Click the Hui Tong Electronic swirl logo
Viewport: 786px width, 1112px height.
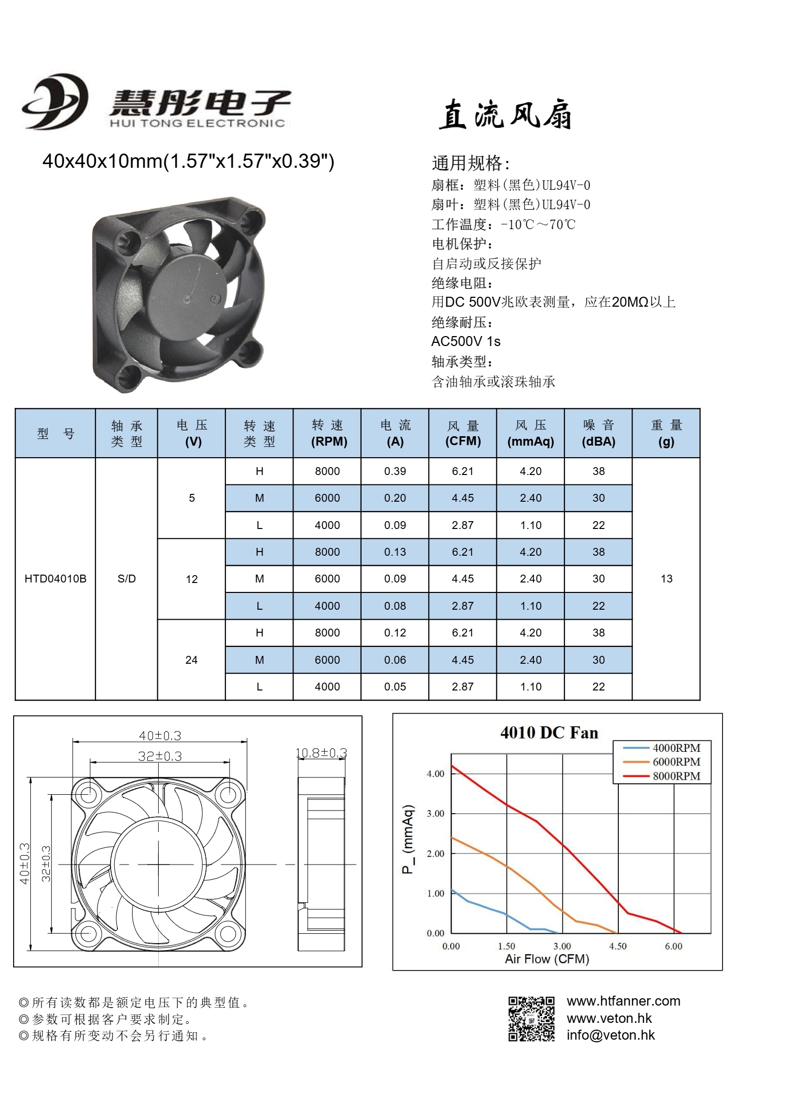point(54,101)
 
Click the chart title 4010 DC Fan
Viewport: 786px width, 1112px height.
point(549,732)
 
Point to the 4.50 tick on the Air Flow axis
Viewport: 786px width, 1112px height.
point(618,946)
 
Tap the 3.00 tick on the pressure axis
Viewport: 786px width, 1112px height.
point(435,814)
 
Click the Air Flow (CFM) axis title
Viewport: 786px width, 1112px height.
point(547,959)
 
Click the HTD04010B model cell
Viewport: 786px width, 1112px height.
point(56,579)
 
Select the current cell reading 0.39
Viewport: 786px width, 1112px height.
point(395,471)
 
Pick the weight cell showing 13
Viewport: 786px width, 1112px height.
point(666,579)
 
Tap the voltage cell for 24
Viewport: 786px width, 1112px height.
point(191,660)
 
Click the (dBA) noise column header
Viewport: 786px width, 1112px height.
point(598,441)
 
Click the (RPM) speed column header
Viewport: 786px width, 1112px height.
point(329,441)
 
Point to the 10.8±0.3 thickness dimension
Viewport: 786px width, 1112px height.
point(321,753)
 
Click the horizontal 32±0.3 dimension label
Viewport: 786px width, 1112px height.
point(160,756)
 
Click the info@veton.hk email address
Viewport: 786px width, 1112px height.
point(610,1035)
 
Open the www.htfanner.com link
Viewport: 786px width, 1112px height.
point(623,1001)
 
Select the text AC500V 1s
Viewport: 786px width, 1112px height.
point(465,341)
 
